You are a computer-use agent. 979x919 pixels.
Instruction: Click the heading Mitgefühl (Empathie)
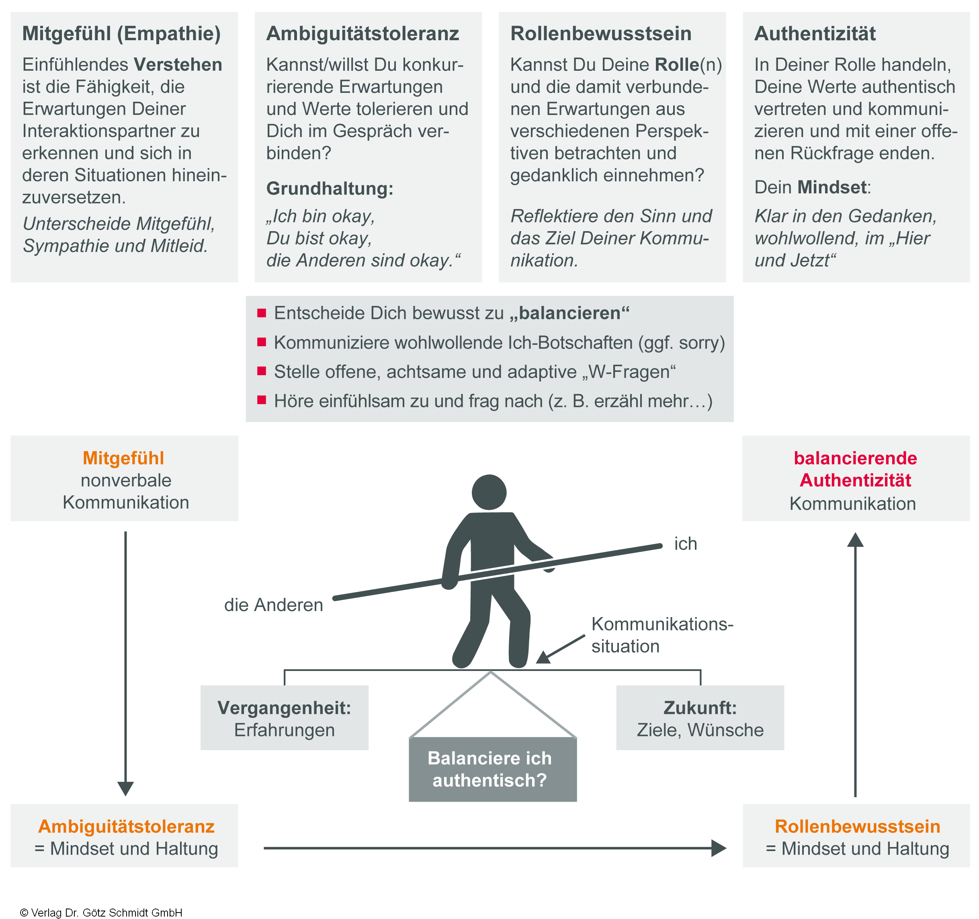pos(121,33)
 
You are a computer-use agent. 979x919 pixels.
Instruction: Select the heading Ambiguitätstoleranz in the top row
pos(363,33)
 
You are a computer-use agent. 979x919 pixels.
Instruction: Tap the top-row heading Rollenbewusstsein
pos(601,33)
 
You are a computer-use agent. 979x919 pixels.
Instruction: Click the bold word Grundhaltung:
pos(330,188)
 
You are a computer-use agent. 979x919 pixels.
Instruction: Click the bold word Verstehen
pos(178,64)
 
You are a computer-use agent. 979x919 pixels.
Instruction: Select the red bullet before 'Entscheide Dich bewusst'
pos(262,313)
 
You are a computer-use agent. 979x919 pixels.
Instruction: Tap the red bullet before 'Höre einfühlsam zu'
pos(262,400)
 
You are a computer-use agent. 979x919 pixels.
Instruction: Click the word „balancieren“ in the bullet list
pos(569,313)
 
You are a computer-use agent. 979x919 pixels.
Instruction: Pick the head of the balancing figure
pos(489,492)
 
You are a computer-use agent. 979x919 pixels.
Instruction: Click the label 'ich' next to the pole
pos(686,544)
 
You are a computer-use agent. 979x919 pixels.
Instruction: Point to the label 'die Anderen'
pos(273,605)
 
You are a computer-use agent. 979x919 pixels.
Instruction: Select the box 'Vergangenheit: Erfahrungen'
pos(284,718)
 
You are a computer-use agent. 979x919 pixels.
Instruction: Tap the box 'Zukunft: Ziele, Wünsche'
pos(700,718)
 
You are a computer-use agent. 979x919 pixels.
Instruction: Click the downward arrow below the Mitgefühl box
pos(125,660)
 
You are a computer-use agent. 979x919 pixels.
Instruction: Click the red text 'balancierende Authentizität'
pos(855,469)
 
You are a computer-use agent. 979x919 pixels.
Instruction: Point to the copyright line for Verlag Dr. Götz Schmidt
pos(101,912)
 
